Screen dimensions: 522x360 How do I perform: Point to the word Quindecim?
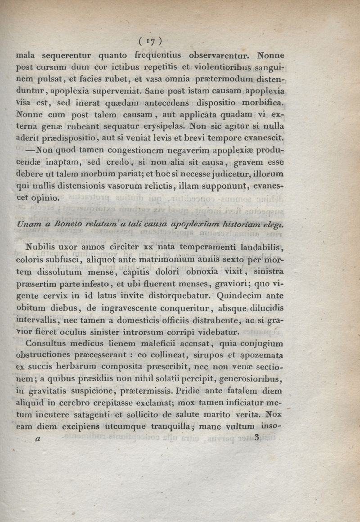[x=239, y=296]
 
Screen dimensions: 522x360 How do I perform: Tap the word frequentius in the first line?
[x=153, y=56]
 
